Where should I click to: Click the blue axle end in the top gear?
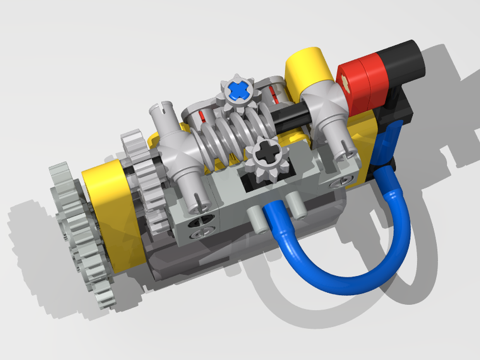tap(239, 89)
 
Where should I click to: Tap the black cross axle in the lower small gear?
tap(264, 155)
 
